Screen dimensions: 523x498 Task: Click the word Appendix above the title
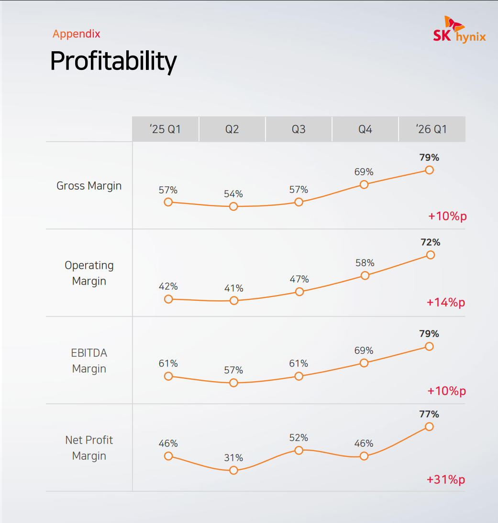77,34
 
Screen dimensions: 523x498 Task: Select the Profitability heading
113,61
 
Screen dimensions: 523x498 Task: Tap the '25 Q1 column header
165,129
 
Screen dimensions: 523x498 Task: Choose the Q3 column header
299,129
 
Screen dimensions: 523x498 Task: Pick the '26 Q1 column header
432,129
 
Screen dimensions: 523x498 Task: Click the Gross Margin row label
89,186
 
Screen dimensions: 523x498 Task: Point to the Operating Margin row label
89,273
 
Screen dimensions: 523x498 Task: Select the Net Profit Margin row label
89,448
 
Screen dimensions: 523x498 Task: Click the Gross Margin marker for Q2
233,206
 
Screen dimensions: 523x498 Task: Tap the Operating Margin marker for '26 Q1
430,255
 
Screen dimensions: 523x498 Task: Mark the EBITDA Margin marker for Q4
364,363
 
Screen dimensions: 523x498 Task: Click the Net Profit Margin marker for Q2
233,470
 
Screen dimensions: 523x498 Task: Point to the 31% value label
233,458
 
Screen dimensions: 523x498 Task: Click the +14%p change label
446,303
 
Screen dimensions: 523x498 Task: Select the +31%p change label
446,479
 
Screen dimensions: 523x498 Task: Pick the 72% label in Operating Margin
430,242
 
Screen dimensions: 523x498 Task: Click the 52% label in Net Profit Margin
299,438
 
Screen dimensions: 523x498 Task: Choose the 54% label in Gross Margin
233,194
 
